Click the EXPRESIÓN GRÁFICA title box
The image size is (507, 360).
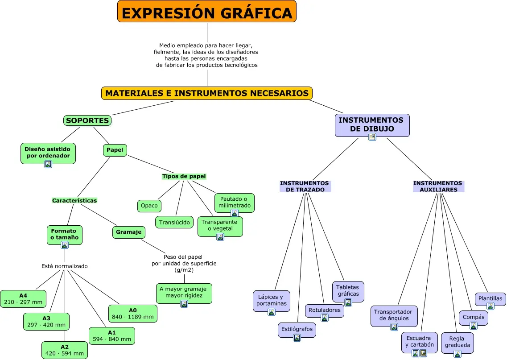click(x=207, y=12)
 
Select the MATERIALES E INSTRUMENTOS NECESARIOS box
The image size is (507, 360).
click(x=207, y=93)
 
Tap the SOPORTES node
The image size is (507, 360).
click(x=87, y=120)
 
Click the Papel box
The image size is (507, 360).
click(x=115, y=150)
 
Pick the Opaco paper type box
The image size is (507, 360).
click(x=149, y=206)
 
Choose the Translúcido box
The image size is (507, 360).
click(x=175, y=222)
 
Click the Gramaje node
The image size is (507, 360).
click(x=129, y=232)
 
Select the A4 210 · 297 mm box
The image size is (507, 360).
click(x=23, y=299)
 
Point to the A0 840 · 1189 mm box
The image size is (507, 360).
click(x=133, y=314)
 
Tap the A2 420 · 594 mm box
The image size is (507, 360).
click(x=65, y=350)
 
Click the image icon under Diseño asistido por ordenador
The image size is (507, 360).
click(x=48, y=164)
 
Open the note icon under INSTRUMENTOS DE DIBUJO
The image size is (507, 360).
click(x=372, y=137)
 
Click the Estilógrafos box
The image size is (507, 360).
click(x=297, y=330)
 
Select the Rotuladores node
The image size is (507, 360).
click(x=324, y=310)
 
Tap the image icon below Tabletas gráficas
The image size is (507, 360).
click(x=348, y=302)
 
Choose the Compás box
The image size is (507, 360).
click(x=473, y=317)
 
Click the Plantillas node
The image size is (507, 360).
click(x=490, y=298)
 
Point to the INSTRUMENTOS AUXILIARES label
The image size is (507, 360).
click(x=438, y=186)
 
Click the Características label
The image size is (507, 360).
click(x=74, y=201)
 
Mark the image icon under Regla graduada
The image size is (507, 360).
click(x=458, y=354)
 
